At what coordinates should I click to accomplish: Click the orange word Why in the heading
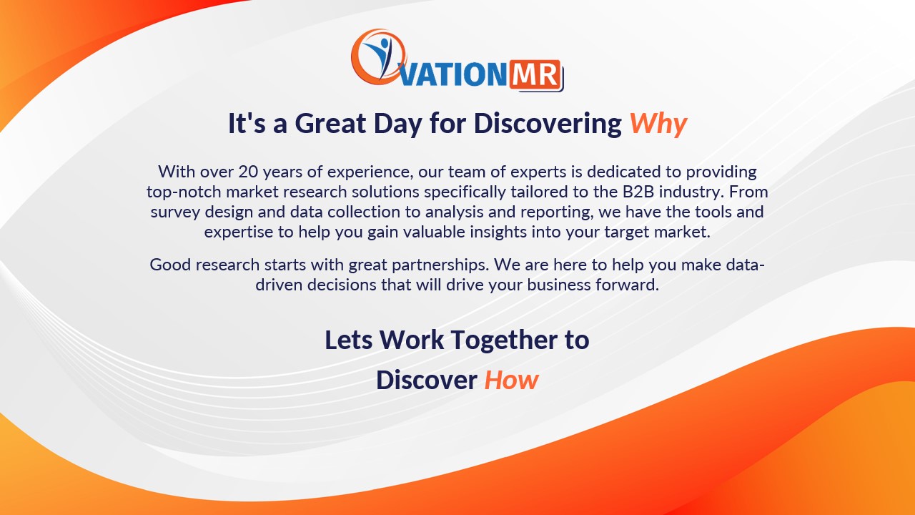click(x=658, y=124)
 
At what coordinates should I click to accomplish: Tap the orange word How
click(x=511, y=380)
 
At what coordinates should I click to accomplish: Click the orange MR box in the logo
click(x=536, y=74)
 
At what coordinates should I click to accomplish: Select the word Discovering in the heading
click(x=548, y=124)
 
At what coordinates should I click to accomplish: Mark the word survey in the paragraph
click(x=176, y=212)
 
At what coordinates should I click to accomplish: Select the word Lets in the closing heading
click(x=348, y=340)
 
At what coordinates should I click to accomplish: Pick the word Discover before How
click(x=426, y=380)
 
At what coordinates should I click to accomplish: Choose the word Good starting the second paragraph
click(x=169, y=265)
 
